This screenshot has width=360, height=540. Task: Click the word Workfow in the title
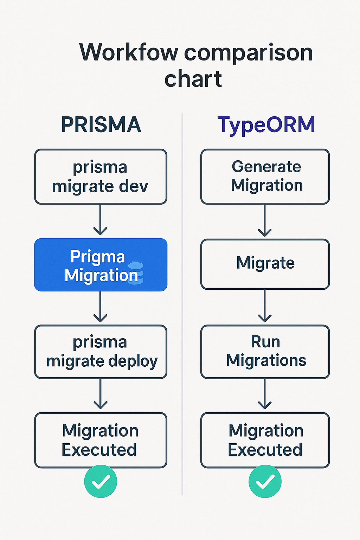[129, 52]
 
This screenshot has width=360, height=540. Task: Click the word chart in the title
[193, 79]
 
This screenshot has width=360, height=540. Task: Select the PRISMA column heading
[101, 124]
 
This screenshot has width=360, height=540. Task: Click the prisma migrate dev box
[101, 176]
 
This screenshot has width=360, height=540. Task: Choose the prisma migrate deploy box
[101, 352]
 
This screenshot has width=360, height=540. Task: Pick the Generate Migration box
[265, 176]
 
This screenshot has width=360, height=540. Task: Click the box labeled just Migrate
[265, 264]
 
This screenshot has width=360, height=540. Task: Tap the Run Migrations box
[265, 352]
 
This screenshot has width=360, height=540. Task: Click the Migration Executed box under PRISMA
[101, 440]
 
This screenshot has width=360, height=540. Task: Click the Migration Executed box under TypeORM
[265, 440]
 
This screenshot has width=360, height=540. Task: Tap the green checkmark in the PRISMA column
[101, 481]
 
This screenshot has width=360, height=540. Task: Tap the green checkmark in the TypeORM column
[265, 481]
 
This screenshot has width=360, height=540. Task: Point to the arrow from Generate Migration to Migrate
[265, 221]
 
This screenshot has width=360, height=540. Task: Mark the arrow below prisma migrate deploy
[101, 394]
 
